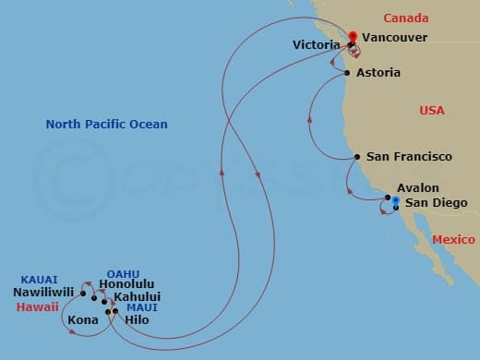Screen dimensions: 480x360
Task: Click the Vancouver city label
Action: pyautogui.click(x=394, y=38)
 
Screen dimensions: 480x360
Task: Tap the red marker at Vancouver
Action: pyautogui.click(x=352, y=38)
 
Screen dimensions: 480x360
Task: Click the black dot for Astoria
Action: pyautogui.click(x=346, y=73)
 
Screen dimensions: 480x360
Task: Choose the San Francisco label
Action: pyautogui.click(x=409, y=157)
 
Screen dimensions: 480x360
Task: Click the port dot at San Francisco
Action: pyautogui.click(x=357, y=158)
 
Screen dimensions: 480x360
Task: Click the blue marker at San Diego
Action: pyautogui.click(x=394, y=200)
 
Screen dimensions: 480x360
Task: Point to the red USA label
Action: pyautogui.click(x=432, y=111)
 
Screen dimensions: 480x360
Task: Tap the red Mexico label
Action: pyautogui.click(x=452, y=239)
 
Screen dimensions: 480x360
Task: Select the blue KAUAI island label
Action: pyautogui.click(x=39, y=280)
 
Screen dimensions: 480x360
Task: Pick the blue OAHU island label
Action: pyautogui.click(x=123, y=273)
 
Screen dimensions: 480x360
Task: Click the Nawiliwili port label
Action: pyautogui.click(x=44, y=294)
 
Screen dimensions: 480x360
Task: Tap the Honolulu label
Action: pyautogui.click(x=126, y=284)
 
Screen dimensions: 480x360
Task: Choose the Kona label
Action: pyautogui.click(x=83, y=320)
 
